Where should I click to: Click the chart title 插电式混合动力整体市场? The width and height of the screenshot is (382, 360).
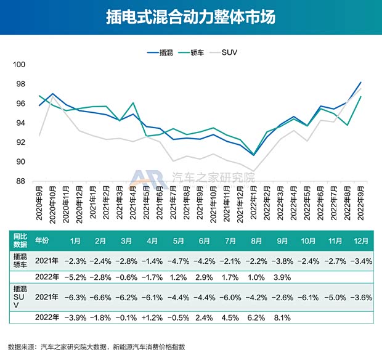(x=190, y=17)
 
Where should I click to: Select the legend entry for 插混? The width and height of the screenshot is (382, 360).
(x=163, y=52)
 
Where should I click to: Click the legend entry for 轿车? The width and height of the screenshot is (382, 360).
(x=193, y=52)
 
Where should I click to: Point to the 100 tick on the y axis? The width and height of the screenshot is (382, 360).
(x=19, y=65)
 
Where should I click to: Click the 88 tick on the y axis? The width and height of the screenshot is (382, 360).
(x=19, y=181)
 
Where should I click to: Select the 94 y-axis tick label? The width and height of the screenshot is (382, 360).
(x=19, y=123)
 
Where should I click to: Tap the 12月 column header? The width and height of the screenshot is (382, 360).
(x=362, y=240)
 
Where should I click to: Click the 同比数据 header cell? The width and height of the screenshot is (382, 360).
(x=20, y=240)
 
